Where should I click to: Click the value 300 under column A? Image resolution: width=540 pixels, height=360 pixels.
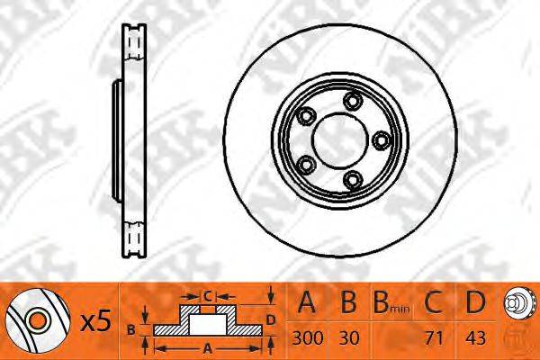(x=308, y=338)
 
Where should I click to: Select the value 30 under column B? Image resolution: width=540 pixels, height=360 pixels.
(x=349, y=338)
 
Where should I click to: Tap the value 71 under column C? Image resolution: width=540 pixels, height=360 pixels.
(x=434, y=338)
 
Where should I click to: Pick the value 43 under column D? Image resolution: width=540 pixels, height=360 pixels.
(x=475, y=338)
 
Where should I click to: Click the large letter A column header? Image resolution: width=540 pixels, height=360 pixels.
(x=307, y=302)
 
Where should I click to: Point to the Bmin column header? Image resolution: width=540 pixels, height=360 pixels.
(x=391, y=302)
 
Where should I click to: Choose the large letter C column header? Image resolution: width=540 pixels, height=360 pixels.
(x=433, y=302)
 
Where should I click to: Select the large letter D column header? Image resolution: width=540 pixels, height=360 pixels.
(x=475, y=302)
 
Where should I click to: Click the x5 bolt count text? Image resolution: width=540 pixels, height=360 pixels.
(x=95, y=321)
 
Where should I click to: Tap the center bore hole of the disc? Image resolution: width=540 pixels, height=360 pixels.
(x=336, y=140)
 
